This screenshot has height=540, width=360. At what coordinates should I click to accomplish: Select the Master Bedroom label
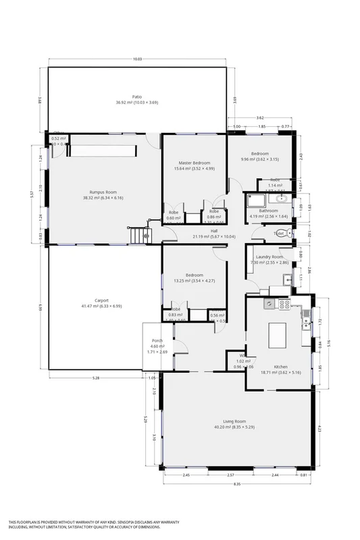pyautogui.click(x=194, y=163)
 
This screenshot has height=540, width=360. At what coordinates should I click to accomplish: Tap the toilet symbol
pyautogui.click(x=288, y=234)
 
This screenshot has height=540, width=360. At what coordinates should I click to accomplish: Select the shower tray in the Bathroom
pyautogui.click(x=255, y=200)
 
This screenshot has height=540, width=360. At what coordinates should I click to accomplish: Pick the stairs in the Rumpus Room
pyautogui.click(x=138, y=236)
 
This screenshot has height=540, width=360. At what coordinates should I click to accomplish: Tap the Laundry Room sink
pyautogui.click(x=287, y=278)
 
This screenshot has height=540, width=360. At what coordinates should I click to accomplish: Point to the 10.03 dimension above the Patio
pyautogui.click(x=138, y=59)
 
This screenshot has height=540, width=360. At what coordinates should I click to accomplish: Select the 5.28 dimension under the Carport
pyautogui.click(x=96, y=378)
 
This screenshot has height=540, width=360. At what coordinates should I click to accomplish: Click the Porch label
pyautogui.click(x=157, y=340)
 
